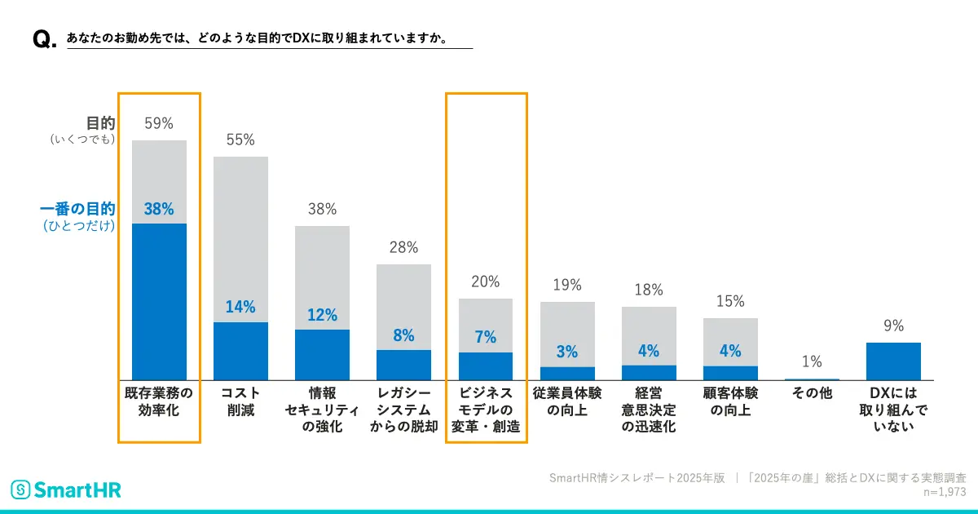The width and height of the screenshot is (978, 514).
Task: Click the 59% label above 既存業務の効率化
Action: click(159, 124)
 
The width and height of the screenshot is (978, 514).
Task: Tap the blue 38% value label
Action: click(159, 209)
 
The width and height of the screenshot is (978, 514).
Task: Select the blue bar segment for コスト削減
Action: click(240, 351)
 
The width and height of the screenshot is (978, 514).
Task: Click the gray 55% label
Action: click(240, 140)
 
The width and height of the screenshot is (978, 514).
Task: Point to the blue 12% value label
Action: click(322, 315)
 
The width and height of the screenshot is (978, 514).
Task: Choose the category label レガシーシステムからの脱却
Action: click(403, 410)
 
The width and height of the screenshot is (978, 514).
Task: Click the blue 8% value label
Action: click(403, 335)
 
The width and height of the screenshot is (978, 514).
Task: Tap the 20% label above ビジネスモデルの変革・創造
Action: click(486, 282)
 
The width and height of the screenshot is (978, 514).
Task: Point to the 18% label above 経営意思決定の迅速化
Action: click(649, 290)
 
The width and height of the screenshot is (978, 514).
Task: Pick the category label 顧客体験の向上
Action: click(730, 401)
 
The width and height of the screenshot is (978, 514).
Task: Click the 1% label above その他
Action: click(812, 361)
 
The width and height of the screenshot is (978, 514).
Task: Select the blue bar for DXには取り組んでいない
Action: click(893, 361)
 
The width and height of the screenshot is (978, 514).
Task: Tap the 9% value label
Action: click(893, 326)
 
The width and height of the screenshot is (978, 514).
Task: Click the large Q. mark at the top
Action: click(43, 40)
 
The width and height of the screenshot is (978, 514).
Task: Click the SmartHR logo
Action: click(65, 490)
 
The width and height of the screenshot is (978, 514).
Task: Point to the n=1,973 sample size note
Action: click(944, 492)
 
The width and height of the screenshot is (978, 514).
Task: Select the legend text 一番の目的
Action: click(77, 209)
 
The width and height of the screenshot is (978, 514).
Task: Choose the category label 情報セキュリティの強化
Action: click(322, 410)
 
